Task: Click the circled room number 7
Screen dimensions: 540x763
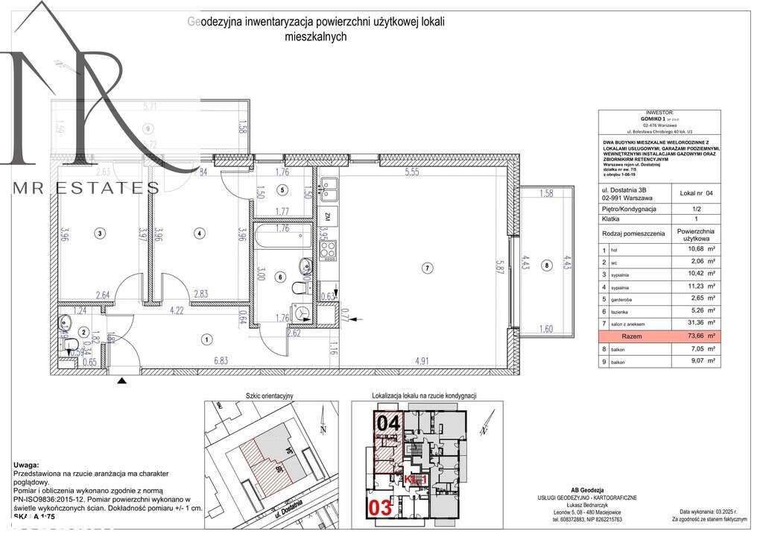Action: click(426, 267)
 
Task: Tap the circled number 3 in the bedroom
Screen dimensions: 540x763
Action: click(101, 233)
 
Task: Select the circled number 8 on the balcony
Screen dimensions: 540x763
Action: click(547, 264)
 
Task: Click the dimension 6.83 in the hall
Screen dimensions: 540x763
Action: click(221, 361)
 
